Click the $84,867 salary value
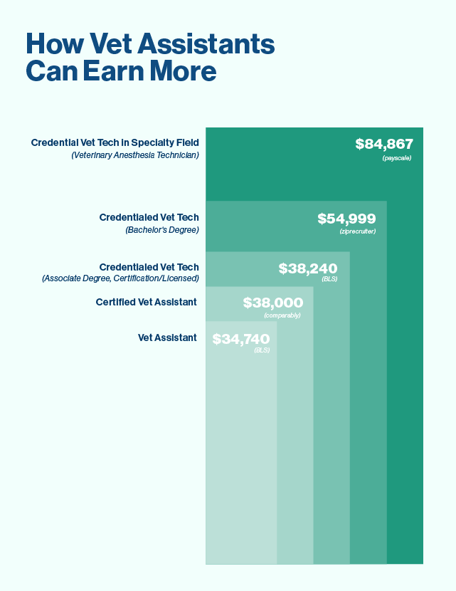click(384, 145)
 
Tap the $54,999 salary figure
click(346, 219)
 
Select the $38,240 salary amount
click(308, 268)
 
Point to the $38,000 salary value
click(273, 303)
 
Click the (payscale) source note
click(397, 157)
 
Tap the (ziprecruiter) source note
click(357, 231)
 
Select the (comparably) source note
click(282, 315)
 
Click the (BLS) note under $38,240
click(329, 279)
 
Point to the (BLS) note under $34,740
click(262, 350)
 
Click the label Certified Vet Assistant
click(146, 302)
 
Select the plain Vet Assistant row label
click(167, 338)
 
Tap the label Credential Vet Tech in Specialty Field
click(115, 143)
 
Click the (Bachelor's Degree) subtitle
click(162, 230)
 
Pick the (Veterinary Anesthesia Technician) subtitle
click(135, 155)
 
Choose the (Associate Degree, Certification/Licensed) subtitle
click(120, 278)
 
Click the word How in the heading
click(52, 45)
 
